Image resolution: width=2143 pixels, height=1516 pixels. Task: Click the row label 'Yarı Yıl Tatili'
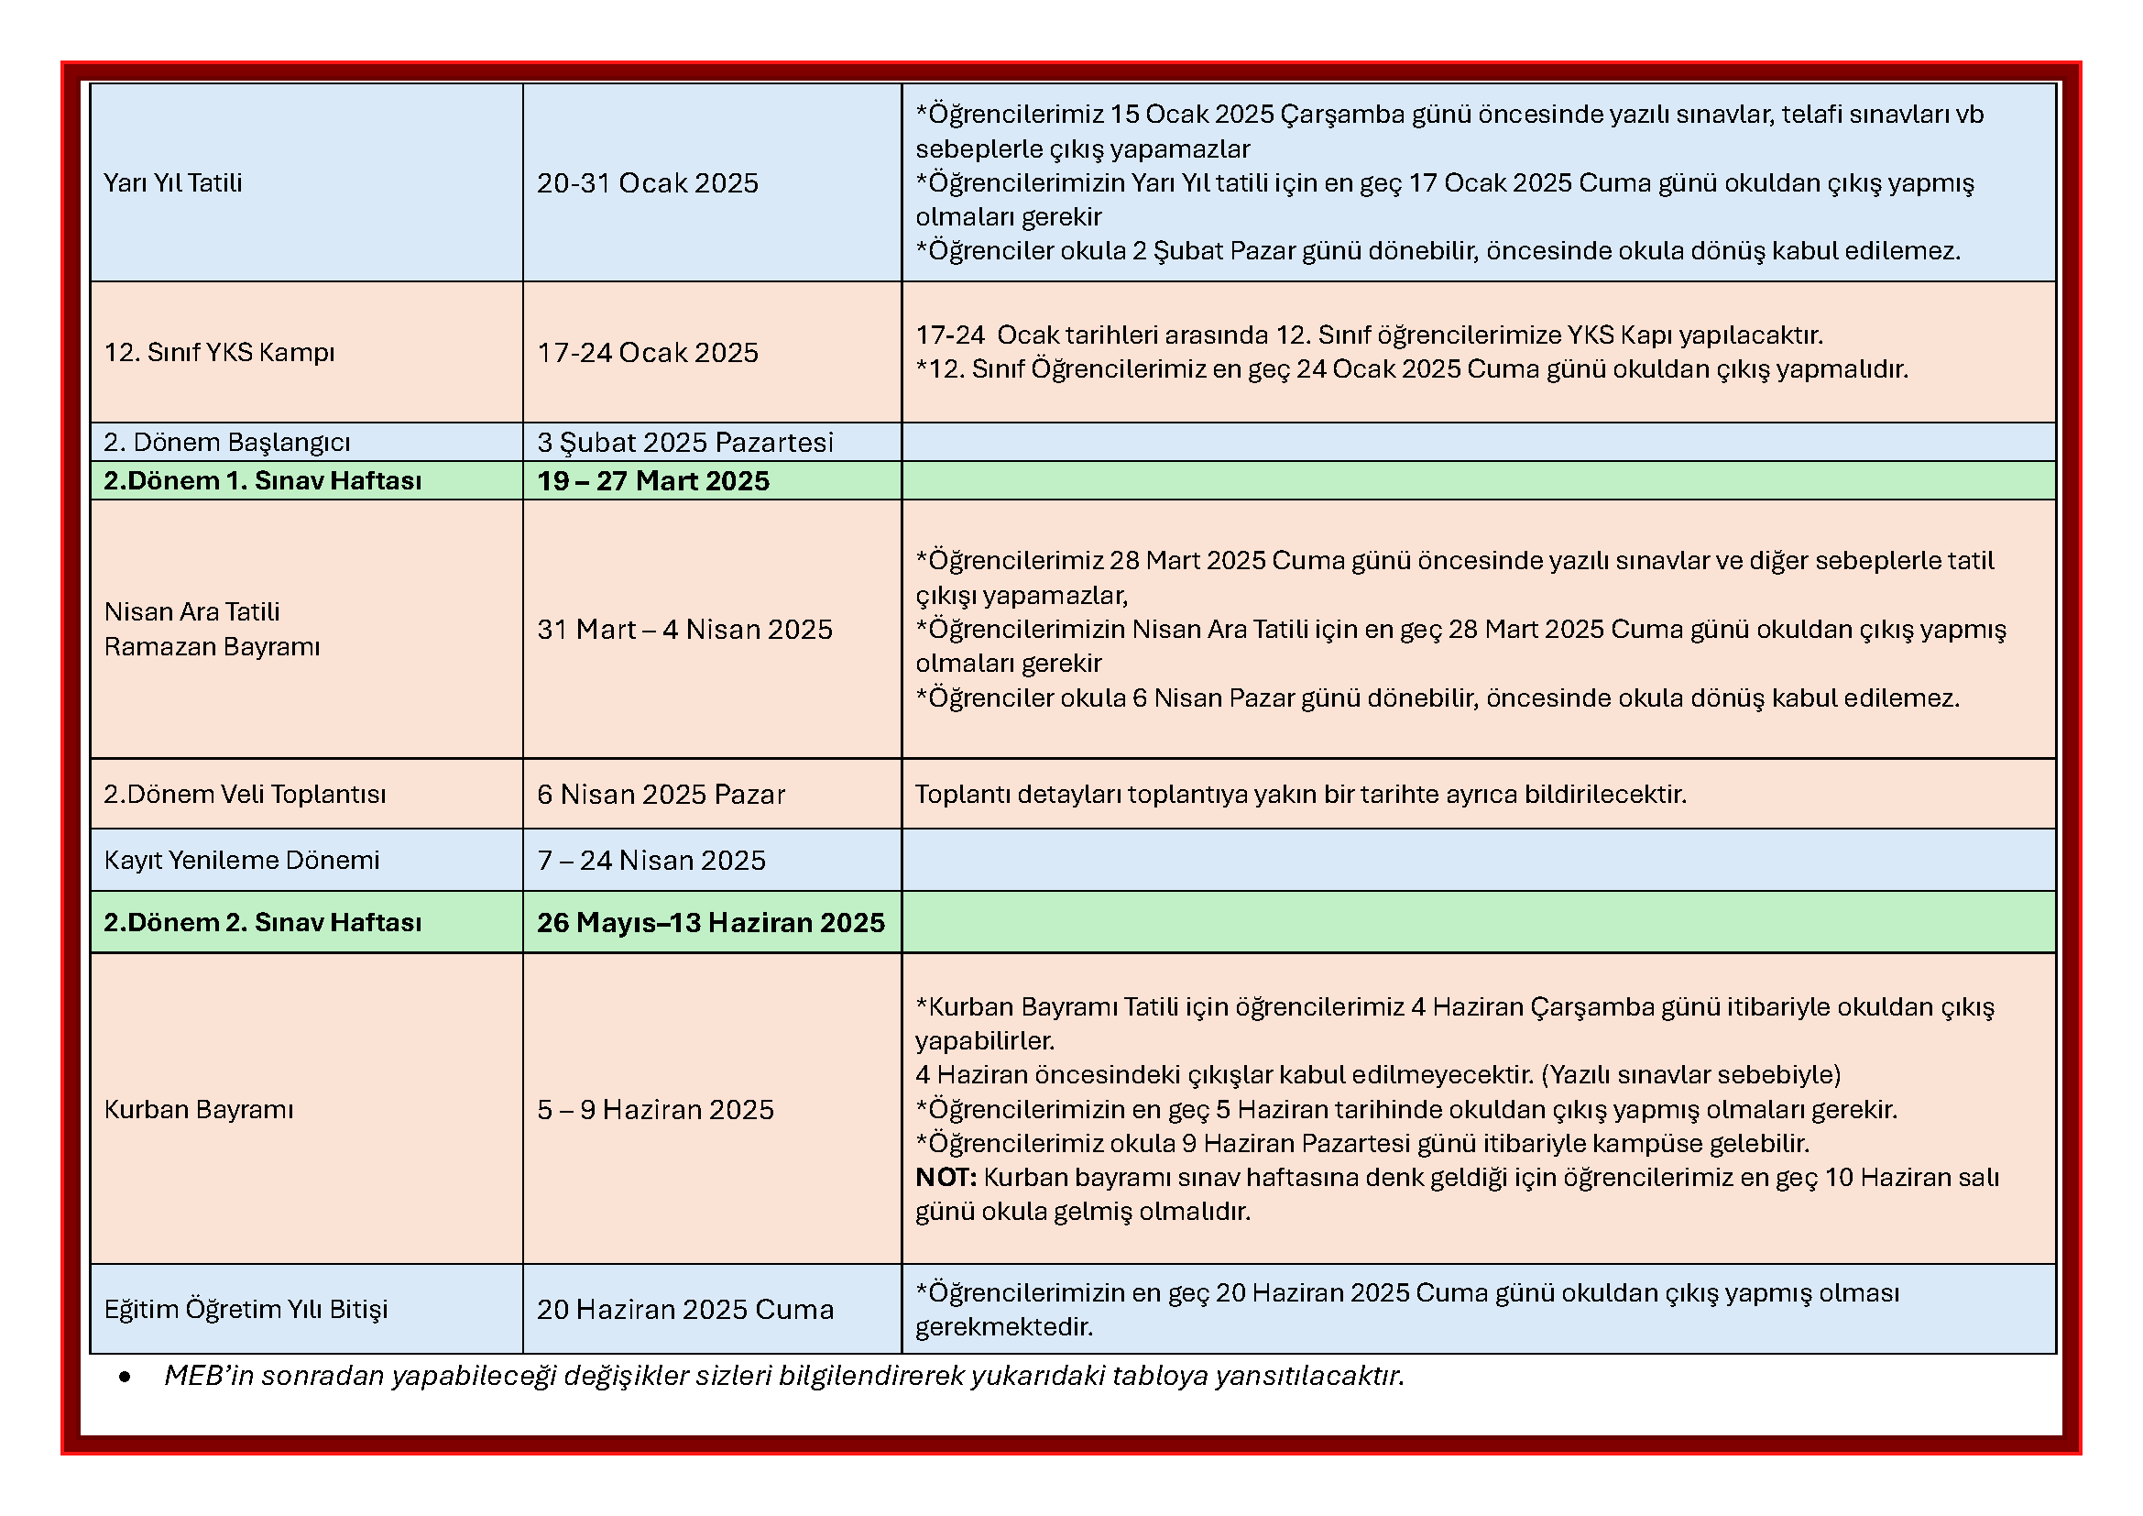(x=172, y=183)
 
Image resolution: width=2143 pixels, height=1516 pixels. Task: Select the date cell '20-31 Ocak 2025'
(x=647, y=183)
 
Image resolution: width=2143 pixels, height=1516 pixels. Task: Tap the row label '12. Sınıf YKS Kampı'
(x=219, y=353)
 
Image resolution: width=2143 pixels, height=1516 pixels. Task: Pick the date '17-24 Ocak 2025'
(x=647, y=353)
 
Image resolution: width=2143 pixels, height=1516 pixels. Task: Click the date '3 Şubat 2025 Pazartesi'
(x=684, y=443)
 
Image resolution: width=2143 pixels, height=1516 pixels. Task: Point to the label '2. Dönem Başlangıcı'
(x=227, y=443)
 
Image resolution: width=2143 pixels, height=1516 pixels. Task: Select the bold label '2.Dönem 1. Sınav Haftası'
(x=262, y=481)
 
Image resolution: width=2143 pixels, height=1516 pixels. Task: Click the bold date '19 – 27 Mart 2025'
(x=652, y=481)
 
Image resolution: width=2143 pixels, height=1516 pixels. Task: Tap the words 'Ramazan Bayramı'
(x=212, y=647)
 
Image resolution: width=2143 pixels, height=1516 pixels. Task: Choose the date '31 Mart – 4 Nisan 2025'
(x=684, y=629)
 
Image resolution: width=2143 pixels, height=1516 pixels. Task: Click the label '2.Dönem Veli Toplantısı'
(x=245, y=795)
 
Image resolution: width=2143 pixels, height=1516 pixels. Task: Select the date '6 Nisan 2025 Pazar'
(x=661, y=795)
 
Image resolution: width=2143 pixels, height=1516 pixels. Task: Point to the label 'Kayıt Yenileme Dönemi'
(x=242, y=860)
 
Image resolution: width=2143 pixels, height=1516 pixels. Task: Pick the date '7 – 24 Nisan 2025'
(x=651, y=860)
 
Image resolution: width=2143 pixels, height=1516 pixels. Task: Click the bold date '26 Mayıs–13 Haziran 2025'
(x=710, y=922)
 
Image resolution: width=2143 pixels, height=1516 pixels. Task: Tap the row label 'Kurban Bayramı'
(x=199, y=1109)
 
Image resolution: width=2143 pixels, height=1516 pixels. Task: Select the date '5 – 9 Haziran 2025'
(x=655, y=1109)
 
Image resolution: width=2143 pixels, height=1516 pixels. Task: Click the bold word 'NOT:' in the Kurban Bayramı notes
(x=946, y=1177)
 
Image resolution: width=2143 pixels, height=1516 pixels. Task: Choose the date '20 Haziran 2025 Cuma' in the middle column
(x=685, y=1309)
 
